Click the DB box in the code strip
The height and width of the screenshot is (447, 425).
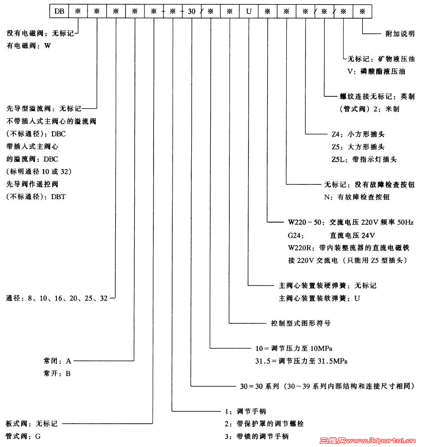(x=59, y=11)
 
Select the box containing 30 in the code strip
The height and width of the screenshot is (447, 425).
(x=191, y=11)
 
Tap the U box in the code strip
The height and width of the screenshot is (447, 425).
(x=249, y=11)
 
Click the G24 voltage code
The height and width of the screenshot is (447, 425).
(x=295, y=235)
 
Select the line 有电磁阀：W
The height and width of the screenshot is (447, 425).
(x=29, y=46)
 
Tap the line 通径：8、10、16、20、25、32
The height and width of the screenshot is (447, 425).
(x=57, y=298)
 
